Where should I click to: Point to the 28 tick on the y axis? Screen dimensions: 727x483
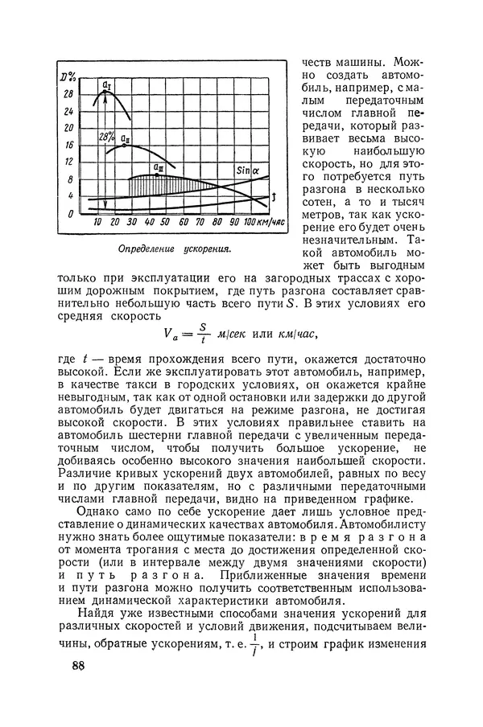tap(69, 94)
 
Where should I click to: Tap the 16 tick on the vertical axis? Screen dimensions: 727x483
tap(69, 146)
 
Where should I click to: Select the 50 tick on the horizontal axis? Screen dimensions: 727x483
tap(164, 222)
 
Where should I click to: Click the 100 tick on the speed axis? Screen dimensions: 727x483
tap(250, 222)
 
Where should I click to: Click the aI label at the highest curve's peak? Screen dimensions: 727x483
tap(107, 83)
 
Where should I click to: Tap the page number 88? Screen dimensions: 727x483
tap(78, 665)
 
